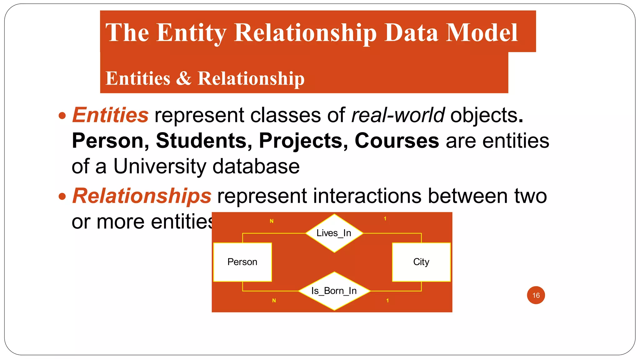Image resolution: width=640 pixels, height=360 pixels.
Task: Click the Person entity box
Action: point(242,262)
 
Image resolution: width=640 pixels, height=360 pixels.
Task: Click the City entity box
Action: point(421,262)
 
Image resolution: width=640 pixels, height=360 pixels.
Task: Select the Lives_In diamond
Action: point(334,233)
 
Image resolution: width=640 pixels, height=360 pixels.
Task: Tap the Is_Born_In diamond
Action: point(334,291)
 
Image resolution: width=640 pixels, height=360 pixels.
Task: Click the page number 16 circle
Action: point(536,295)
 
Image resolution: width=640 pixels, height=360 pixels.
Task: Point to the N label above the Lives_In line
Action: point(272,221)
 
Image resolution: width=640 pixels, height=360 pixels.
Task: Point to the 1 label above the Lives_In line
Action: point(385,218)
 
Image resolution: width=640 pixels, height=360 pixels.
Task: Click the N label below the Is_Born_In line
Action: point(274,300)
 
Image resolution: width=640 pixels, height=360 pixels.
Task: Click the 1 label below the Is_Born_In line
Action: point(387,300)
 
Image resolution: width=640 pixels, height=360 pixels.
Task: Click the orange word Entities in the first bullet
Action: point(110,115)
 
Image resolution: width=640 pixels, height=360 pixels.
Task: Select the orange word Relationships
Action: point(142,196)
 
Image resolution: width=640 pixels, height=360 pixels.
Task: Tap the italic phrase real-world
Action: point(397,115)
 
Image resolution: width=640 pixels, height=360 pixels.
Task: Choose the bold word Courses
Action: point(397,141)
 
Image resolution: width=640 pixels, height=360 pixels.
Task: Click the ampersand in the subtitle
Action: point(184,78)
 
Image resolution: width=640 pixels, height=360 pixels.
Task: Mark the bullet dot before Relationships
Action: point(62,197)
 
